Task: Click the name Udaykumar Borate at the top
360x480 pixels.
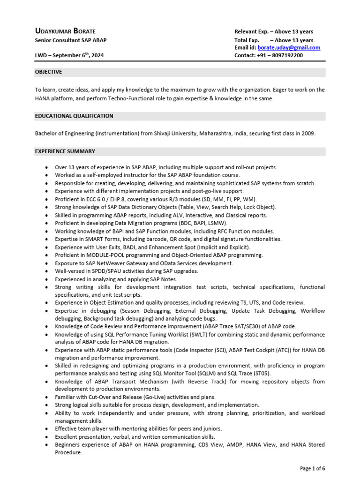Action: click(x=66, y=31)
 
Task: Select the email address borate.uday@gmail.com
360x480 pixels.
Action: click(x=289, y=48)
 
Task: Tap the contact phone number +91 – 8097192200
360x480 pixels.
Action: click(x=269, y=55)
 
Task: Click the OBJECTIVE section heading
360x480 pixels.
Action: click(x=49, y=72)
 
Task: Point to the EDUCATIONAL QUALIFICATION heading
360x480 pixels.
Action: click(x=74, y=116)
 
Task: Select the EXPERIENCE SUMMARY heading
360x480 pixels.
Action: click(x=65, y=151)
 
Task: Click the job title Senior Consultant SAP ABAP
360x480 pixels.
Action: click(x=71, y=40)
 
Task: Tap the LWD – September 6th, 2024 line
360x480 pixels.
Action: click(x=69, y=55)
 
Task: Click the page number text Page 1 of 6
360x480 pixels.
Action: click(x=313, y=468)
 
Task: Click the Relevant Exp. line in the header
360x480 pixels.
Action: click(x=274, y=31)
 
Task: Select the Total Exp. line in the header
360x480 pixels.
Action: click(x=274, y=40)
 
